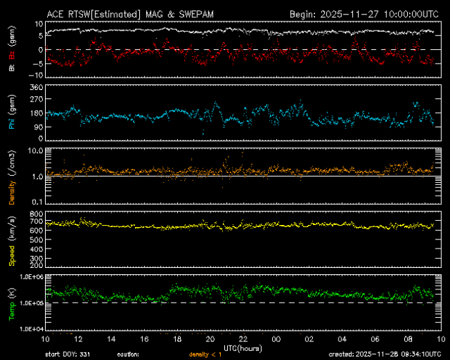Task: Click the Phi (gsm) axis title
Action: (12, 114)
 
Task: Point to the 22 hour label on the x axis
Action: (243, 339)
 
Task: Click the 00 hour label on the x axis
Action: (276, 339)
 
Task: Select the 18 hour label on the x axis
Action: (177, 339)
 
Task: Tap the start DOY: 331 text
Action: (68, 354)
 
